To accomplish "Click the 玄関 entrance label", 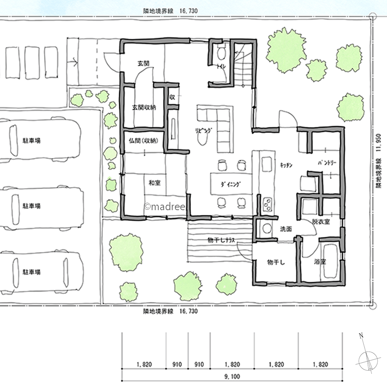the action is point(144,63).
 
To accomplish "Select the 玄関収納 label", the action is point(144,108).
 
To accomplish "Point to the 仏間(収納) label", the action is point(144,141).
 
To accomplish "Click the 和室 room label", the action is point(154,183).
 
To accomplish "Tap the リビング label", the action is point(204,130).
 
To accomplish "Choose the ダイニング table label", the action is point(231,184).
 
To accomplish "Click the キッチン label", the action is point(286,165).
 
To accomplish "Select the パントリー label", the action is point(327,163).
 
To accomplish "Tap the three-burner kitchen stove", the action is point(267,204).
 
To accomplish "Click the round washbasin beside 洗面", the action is point(266,228).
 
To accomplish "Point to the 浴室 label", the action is point(320,262).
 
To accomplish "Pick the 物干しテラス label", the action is point(221,240).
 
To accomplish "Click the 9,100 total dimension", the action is point(232,377).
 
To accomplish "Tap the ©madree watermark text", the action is point(165,207).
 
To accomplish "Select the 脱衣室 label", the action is point(321,221).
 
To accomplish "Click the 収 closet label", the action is point(172,97).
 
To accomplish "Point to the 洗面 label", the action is point(286,229).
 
